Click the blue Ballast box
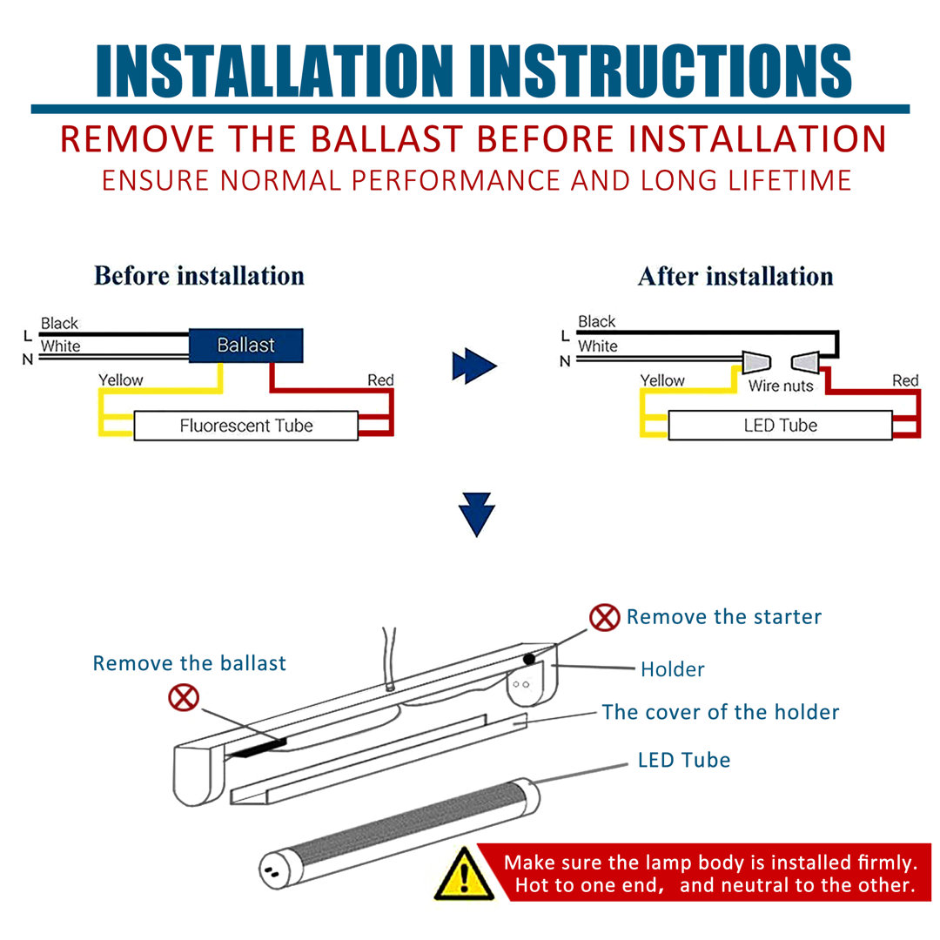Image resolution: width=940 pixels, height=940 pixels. pos(246,346)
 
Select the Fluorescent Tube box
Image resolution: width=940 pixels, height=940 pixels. pos(245,426)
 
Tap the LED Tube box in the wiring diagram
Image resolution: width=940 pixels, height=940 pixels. pos(780,426)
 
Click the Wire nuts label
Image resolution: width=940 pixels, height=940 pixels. pos(781,386)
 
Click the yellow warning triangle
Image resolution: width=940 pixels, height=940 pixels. pos(465,873)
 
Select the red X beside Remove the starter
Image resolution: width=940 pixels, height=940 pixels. pos(604,617)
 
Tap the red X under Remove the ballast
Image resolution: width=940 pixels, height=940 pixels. pos(184,697)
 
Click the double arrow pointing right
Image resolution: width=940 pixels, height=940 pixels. pos(473,367)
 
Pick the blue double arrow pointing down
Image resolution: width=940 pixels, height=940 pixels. pos(477,514)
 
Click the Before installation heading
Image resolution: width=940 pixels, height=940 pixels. pos(199,276)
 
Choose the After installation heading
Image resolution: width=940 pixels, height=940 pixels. pos(735,277)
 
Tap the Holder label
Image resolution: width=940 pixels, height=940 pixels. pos(672,669)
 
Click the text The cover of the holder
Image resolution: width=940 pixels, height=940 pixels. pos(721,712)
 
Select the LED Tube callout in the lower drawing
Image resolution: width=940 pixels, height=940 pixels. pos(684,760)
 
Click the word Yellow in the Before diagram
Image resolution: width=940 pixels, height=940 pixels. pos(120,380)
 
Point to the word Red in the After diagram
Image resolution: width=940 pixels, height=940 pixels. pos(905,380)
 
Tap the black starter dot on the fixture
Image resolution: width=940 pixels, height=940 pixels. pos(528,660)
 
